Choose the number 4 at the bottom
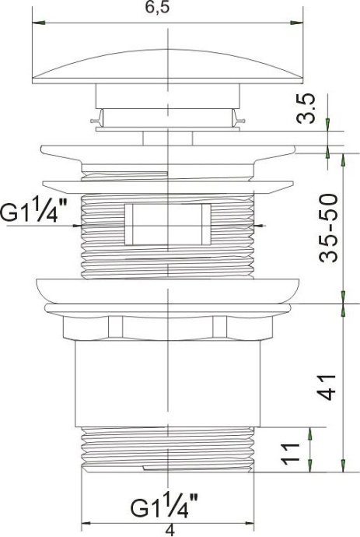pos(169,530)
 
